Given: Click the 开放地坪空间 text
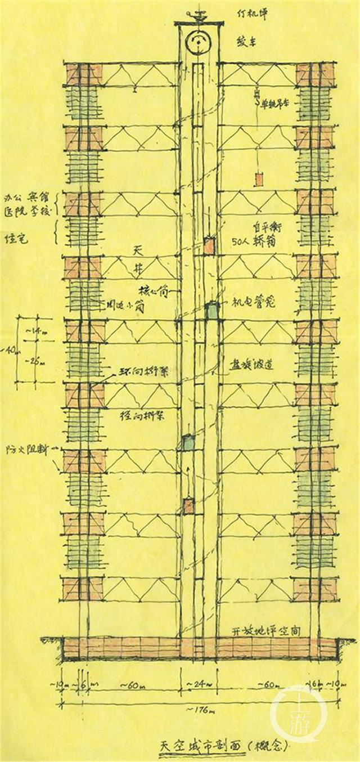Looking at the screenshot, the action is (267, 630).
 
